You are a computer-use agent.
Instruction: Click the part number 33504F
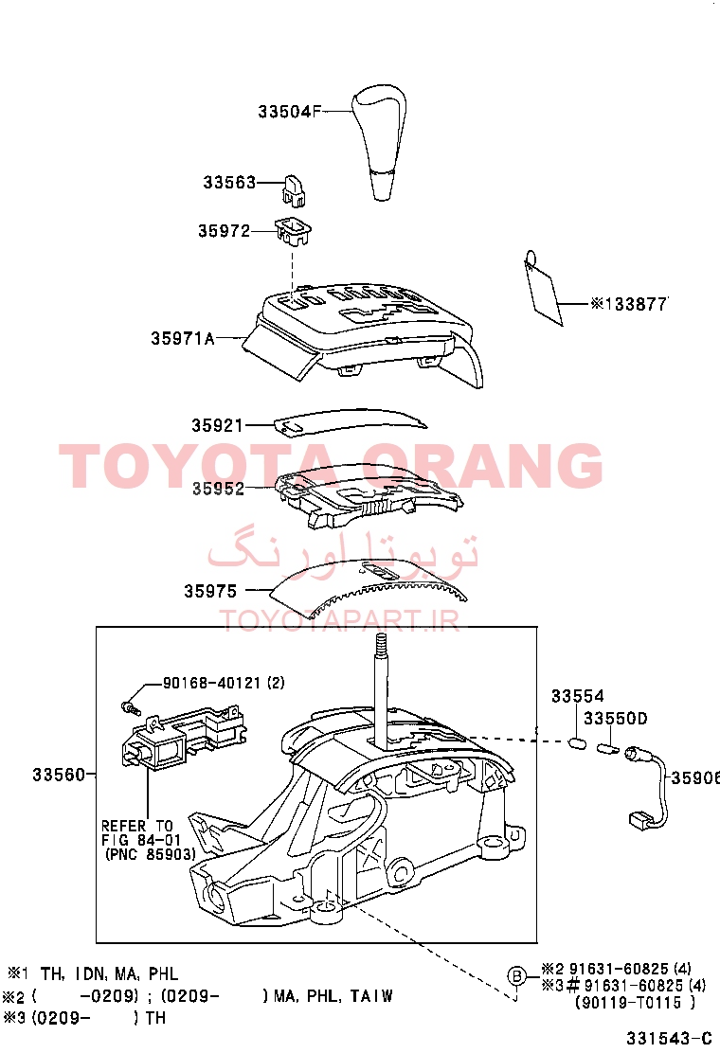pos(290,112)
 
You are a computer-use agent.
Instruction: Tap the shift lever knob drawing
pos(379,142)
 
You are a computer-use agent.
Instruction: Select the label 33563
pos(229,182)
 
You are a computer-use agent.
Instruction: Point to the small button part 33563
pos(294,190)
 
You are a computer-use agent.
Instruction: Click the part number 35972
pos(224,231)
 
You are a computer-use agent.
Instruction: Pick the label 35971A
pos(183,338)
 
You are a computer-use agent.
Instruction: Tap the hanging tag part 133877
pos(543,288)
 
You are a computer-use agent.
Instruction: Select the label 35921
pos(217,425)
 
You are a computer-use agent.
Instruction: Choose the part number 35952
pos(218,489)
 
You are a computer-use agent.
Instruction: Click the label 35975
pos(210,591)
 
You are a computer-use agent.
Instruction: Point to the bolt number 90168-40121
pos(211,683)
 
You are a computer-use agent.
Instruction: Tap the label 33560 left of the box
pos(59,775)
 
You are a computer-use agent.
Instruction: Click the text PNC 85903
pos(151,854)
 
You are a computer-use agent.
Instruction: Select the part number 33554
pos(578,696)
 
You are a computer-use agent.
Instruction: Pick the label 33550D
pos(615,719)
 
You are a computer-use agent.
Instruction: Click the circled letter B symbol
pos(516,975)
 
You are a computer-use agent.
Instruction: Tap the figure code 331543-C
pos(669,1038)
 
